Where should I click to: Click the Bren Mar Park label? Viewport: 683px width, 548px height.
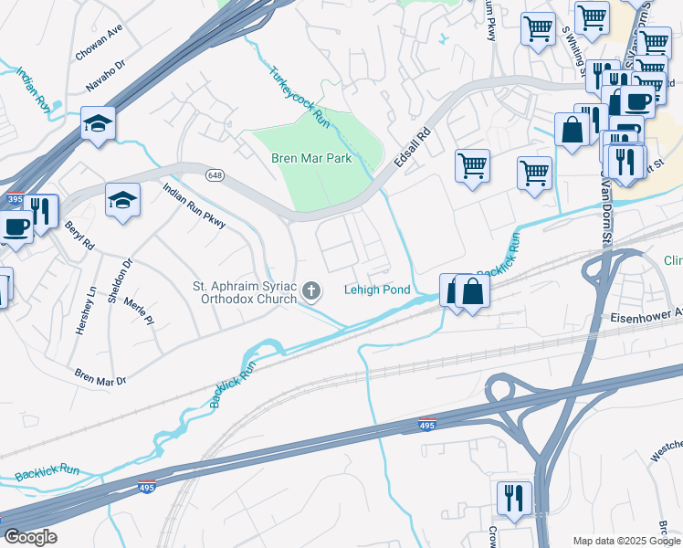[x=311, y=158]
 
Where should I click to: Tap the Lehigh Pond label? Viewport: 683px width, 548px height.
[x=377, y=290]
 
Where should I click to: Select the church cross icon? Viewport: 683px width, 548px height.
[x=311, y=291]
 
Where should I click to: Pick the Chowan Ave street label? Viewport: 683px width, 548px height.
[x=99, y=44]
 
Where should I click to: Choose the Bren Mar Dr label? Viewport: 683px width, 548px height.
[x=100, y=377]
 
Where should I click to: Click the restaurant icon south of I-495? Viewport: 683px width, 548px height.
[x=514, y=498]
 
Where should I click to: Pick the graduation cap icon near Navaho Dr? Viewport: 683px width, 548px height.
[x=98, y=122]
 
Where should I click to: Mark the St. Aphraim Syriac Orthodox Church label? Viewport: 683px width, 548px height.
[x=245, y=292]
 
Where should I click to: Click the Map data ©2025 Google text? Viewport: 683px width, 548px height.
[x=626, y=541]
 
